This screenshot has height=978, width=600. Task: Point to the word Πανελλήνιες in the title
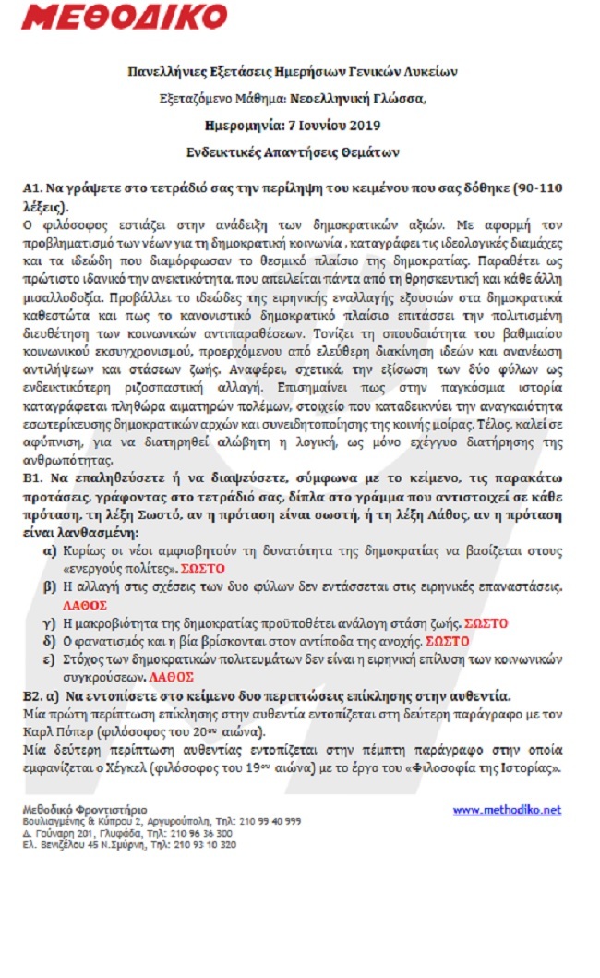tap(164, 71)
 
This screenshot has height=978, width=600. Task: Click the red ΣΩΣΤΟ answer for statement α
tap(203, 568)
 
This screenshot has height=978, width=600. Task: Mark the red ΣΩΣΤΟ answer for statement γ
tap(486, 623)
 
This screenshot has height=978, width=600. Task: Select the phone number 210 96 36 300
tap(210, 832)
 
